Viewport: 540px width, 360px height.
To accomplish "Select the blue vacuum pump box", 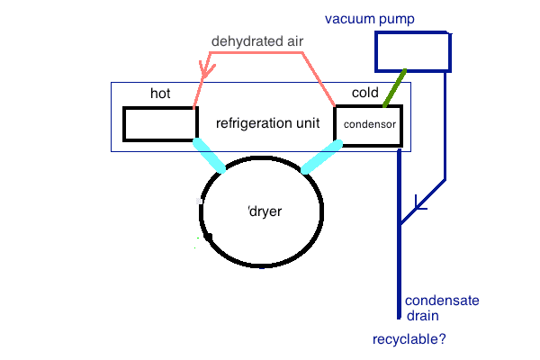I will tap(412, 52).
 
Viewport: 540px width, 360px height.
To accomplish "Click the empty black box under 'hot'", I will tap(159, 123).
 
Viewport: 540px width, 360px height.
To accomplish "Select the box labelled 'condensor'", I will tap(366, 124).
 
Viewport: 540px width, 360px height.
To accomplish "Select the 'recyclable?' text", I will tap(409, 340).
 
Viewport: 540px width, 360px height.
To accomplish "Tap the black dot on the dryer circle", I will tap(208, 238).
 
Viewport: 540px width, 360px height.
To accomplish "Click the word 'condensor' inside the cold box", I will tap(370, 125).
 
